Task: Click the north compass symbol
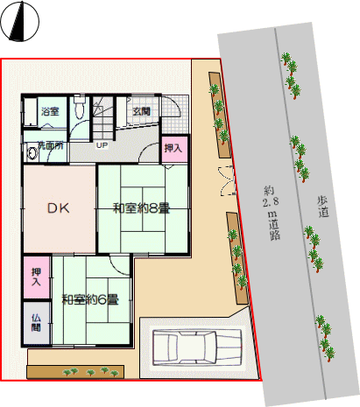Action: pos(19,21)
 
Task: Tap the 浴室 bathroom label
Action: pos(50,111)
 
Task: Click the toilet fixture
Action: pos(79,107)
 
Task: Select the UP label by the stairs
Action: pos(102,145)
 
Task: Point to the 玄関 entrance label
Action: pos(142,111)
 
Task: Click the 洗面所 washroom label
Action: pos(51,145)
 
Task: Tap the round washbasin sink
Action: pos(32,153)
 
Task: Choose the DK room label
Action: pos(59,208)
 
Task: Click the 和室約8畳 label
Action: pos(141,208)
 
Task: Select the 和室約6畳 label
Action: pos(90,299)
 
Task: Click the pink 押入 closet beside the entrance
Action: pos(174,149)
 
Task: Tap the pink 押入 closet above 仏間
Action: pos(37,277)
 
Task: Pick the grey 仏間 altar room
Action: pos(37,323)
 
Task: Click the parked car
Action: pos(197,347)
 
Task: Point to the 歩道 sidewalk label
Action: pos(323,207)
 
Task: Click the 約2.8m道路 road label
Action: pos(272,213)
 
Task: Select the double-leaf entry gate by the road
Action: pos(228,180)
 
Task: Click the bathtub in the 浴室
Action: pos(31,112)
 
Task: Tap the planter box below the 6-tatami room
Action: pos(75,372)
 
